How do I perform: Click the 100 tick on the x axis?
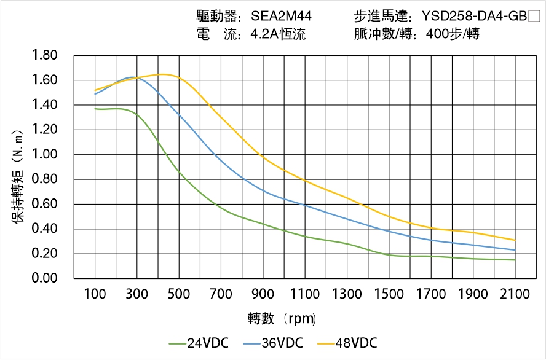click(x=95, y=294)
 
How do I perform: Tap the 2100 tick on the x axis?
click(x=515, y=294)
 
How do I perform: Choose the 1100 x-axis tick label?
click(x=305, y=294)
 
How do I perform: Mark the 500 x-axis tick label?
click(x=179, y=294)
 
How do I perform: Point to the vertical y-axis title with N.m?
click(x=18, y=175)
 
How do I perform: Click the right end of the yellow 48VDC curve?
click(x=515, y=240)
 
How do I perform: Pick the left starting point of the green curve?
click(x=95, y=109)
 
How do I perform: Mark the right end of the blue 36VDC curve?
click(x=515, y=250)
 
